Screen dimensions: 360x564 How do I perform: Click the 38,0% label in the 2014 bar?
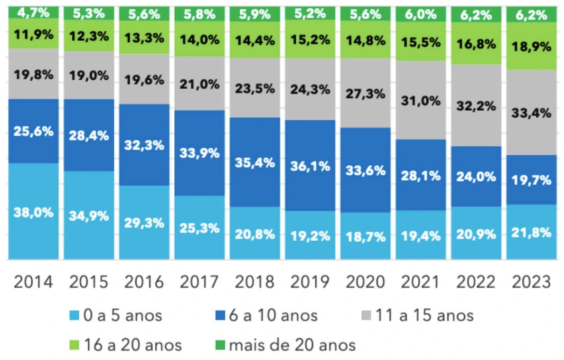[33, 212]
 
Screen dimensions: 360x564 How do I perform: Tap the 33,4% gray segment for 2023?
[531, 113]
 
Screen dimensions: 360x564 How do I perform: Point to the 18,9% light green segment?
[531, 47]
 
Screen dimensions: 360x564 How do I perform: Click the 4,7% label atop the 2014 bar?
[33, 12]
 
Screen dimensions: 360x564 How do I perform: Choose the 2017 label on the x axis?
[199, 282]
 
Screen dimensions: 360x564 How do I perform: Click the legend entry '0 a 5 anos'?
[117, 315]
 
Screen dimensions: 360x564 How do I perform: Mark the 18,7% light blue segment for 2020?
[365, 237]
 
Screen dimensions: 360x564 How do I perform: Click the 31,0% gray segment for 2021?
[420, 101]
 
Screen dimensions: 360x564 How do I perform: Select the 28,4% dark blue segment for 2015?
[89, 135]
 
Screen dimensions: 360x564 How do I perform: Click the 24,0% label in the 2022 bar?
[475, 176]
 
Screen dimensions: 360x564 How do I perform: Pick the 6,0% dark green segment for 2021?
[420, 14]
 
